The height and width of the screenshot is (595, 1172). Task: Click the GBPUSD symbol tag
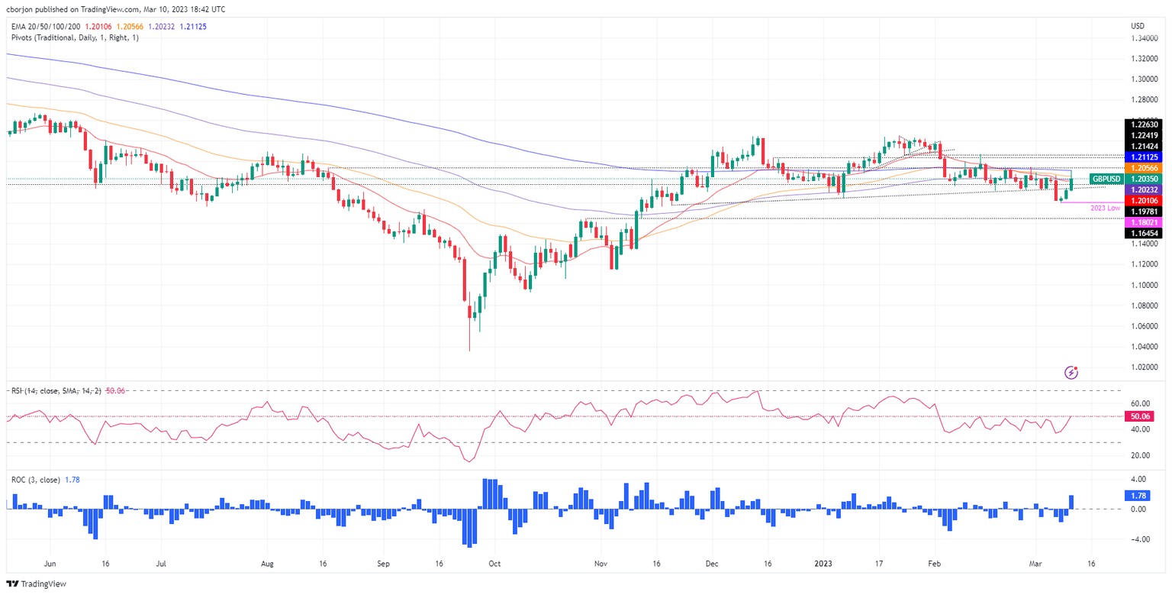(1105, 179)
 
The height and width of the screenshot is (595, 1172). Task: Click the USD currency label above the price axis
(1138, 26)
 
